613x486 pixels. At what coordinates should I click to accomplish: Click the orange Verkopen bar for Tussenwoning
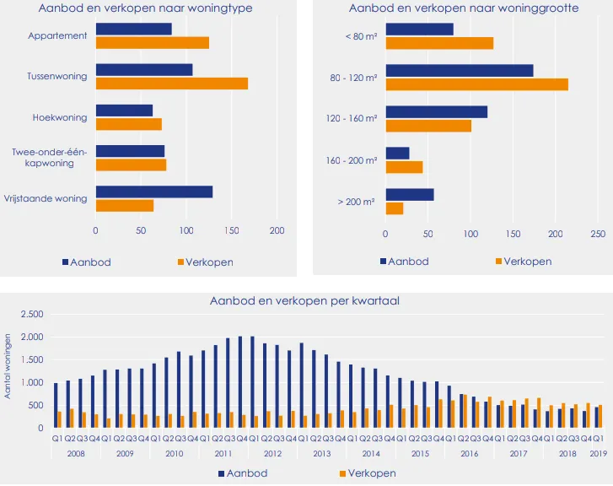(x=171, y=84)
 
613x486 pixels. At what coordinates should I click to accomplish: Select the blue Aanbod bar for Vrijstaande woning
(x=153, y=192)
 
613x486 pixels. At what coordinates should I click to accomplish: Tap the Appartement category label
(x=58, y=36)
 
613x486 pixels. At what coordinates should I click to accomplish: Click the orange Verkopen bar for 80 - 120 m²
(x=476, y=84)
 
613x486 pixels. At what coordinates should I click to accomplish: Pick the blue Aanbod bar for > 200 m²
(x=409, y=195)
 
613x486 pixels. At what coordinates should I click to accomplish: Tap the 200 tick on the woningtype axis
(x=277, y=230)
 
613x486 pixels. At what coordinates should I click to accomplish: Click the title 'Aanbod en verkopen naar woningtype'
(x=146, y=8)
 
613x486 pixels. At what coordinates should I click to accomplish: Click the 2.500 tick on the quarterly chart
(x=31, y=315)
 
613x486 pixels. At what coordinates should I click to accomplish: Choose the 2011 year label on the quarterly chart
(x=223, y=453)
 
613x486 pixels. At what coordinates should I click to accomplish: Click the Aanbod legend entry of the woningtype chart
(x=87, y=262)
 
